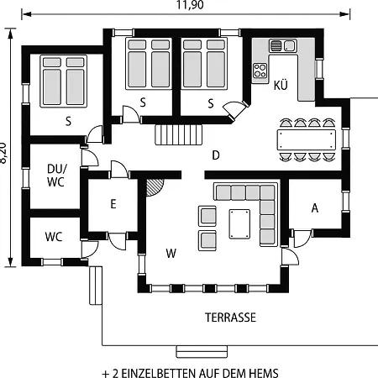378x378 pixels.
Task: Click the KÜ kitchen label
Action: [x=281, y=86]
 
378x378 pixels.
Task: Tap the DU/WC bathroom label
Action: [x=57, y=176]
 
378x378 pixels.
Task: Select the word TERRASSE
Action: [x=230, y=318]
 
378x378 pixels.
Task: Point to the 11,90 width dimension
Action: [x=190, y=5]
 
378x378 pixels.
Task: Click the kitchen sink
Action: [x=283, y=45]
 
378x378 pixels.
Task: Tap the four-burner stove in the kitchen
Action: [x=260, y=71]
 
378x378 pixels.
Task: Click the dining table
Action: [x=307, y=139]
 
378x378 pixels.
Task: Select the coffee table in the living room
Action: [x=239, y=224]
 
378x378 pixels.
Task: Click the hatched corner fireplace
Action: [x=154, y=187]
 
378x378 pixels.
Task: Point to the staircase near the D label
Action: [x=179, y=134]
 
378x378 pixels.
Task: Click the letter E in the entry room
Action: [x=113, y=204]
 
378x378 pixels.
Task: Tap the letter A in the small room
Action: [x=315, y=208]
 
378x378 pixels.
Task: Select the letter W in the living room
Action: [x=171, y=254]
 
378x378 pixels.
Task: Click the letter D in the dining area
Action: [x=216, y=155]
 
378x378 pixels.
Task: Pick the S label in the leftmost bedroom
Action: [x=68, y=122]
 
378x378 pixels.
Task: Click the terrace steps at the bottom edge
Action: [x=202, y=352]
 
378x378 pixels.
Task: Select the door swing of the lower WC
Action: [x=90, y=249]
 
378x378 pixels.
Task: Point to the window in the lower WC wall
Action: [x=52, y=262]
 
